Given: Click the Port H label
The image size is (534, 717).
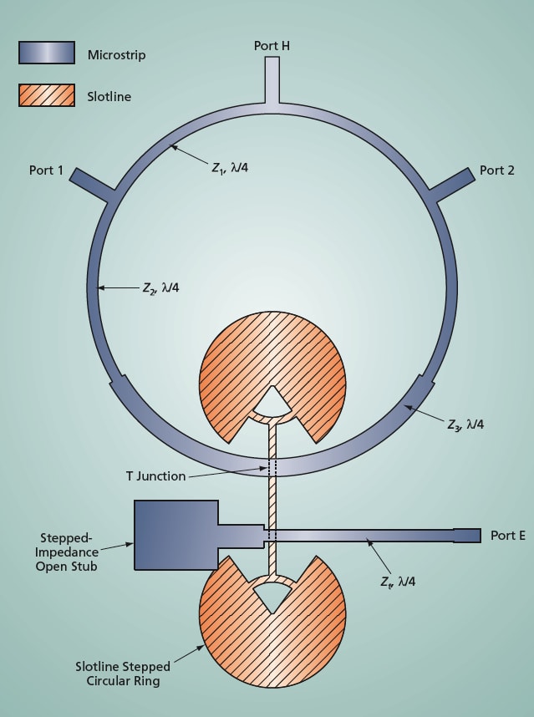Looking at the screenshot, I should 272,45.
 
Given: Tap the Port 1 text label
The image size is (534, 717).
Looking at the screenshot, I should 47,170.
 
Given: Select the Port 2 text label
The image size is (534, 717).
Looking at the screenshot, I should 497,170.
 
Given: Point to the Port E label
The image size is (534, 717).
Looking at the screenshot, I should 508,536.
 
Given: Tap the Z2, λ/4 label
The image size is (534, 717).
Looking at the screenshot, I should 160,288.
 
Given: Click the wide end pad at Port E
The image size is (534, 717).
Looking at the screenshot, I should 467,536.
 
